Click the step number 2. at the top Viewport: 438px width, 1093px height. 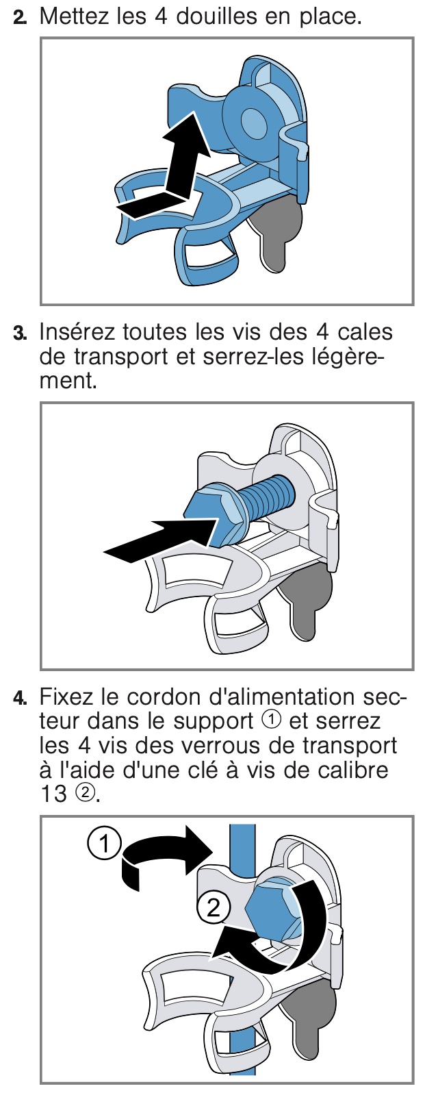[20, 18]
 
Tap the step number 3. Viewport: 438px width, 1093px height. [20, 334]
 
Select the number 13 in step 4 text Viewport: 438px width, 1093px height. [53, 794]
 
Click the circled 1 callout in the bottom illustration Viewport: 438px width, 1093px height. [105, 844]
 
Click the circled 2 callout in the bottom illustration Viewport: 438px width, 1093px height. [213, 909]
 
